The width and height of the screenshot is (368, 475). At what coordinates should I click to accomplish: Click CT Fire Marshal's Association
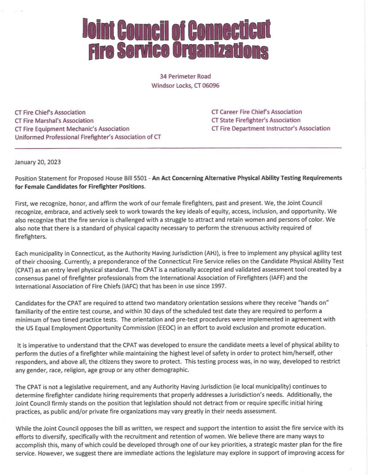pos(54,120)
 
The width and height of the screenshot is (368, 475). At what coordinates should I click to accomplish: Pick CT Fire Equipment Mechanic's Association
pos(72,129)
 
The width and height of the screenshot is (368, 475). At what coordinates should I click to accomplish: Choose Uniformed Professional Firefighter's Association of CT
pos(88,137)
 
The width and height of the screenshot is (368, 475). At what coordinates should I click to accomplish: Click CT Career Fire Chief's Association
pos(257,112)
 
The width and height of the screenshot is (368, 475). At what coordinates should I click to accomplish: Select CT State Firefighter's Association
pos(256,120)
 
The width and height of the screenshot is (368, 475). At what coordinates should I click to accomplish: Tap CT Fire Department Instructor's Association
pos(271,129)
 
